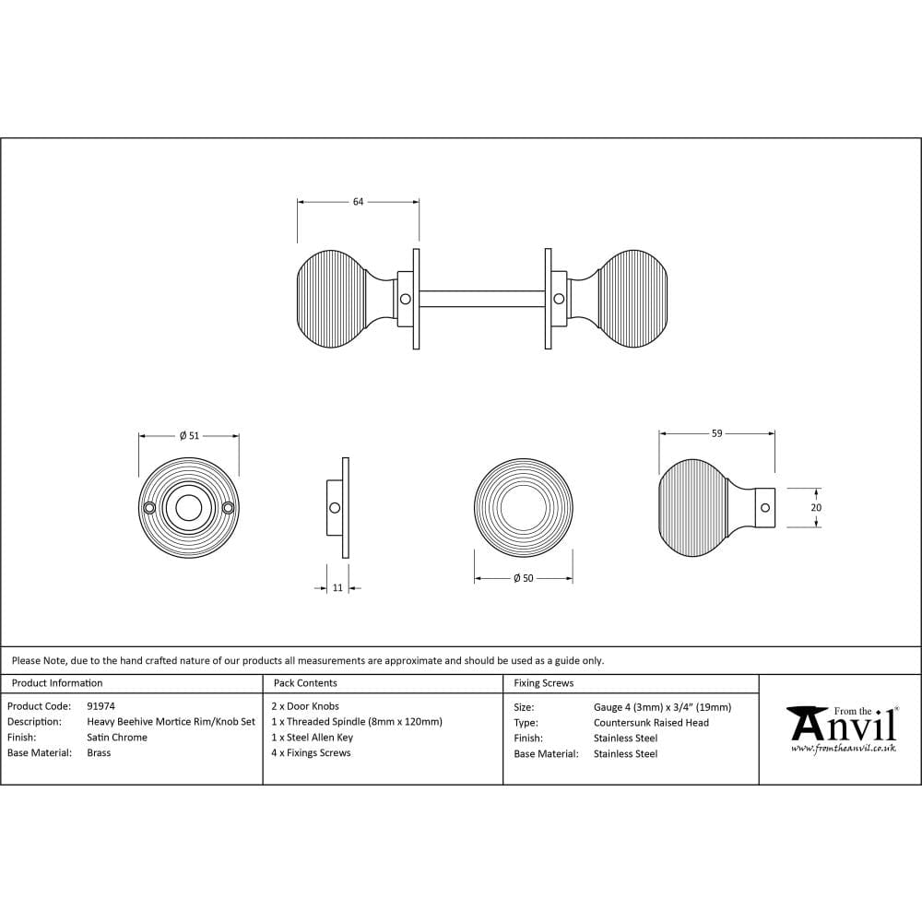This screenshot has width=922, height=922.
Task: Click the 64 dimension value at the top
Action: (x=358, y=202)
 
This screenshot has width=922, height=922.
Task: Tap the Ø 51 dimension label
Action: (x=189, y=436)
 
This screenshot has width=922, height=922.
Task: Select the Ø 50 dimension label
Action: (x=524, y=579)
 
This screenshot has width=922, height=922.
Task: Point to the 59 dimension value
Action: (x=716, y=433)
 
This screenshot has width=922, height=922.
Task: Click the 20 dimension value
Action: (x=816, y=507)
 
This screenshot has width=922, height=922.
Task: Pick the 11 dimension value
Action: (x=337, y=587)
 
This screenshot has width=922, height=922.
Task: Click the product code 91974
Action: (x=101, y=706)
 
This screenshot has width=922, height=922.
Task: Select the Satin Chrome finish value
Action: (x=117, y=738)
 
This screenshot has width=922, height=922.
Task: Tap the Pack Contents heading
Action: (x=305, y=683)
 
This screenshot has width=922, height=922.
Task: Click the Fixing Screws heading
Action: (x=544, y=683)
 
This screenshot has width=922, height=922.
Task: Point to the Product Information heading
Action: (x=57, y=683)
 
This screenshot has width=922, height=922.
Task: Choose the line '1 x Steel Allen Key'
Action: (x=313, y=738)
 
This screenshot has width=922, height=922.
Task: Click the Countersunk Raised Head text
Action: (x=651, y=723)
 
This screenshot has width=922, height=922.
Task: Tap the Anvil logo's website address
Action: (x=844, y=749)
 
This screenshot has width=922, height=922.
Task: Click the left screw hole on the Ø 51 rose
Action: (x=149, y=507)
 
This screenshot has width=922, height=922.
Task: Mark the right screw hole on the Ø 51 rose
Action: (x=228, y=507)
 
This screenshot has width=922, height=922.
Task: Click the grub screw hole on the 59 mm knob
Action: (x=765, y=507)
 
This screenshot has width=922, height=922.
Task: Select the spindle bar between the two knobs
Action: (x=482, y=299)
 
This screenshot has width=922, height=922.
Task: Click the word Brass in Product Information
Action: (x=99, y=752)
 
